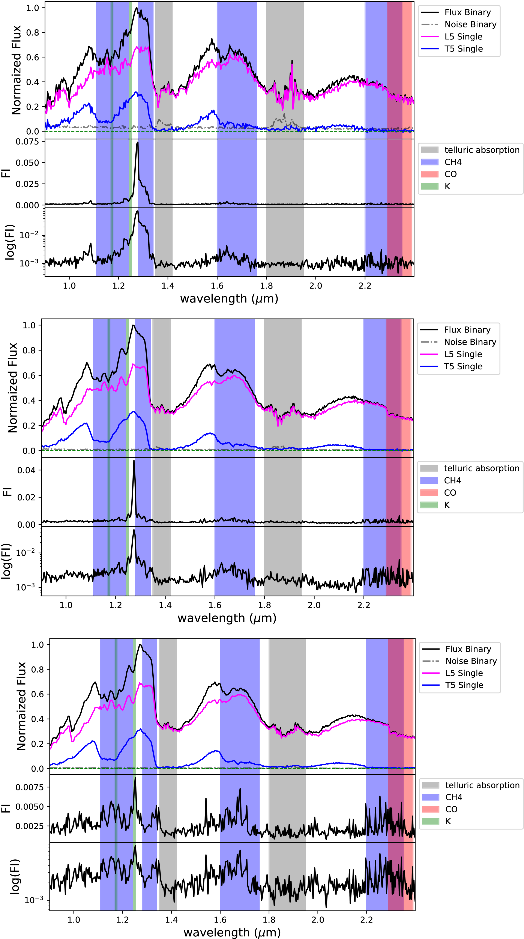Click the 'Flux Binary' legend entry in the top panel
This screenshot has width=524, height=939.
(x=467, y=12)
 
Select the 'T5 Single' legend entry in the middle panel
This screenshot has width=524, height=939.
(x=463, y=366)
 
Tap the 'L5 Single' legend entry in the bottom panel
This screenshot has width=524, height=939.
(x=464, y=673)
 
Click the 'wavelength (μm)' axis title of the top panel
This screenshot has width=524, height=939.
(x=229, y=299)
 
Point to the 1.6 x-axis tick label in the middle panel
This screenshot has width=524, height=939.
(x=215, y=605)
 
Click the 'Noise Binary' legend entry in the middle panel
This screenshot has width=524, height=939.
(x=470, y=342)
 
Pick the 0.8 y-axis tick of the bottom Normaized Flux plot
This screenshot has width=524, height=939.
(x=38, y=670)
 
